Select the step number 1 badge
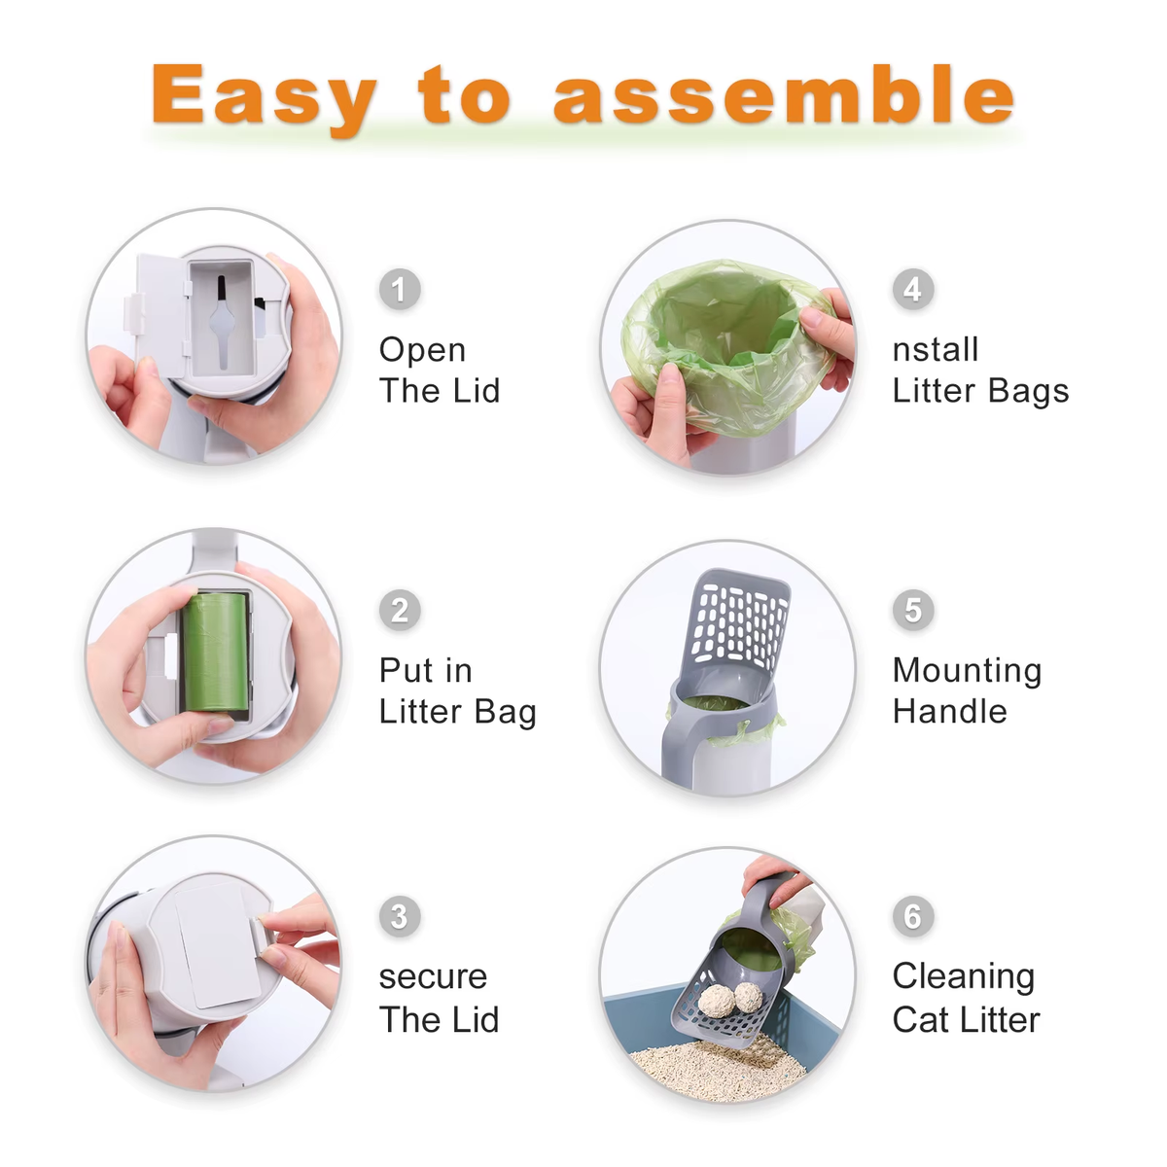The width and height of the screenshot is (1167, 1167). (x=399, y=290)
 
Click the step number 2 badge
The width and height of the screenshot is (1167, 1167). (x=399, y=611)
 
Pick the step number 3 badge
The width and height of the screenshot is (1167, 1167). (x=399, y=916)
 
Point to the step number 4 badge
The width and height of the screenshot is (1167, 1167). (x=912, y=290)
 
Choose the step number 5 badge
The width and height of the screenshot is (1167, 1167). (x=912, y=611)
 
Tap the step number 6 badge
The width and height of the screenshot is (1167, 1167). (x=912, y=916)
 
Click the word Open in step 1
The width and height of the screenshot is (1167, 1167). (x=422, y=350)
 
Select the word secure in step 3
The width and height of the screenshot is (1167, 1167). (x=433, y=976)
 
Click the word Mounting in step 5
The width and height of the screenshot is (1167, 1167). (x=967, y=671)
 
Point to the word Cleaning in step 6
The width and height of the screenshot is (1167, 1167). (x=963, y=976)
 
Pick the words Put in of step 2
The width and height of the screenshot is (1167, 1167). (x=425, y=671)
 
